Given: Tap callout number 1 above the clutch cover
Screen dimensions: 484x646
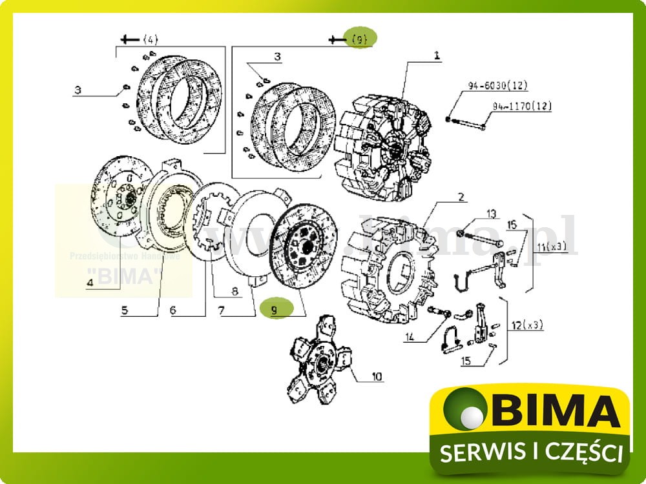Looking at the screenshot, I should pos(437,56).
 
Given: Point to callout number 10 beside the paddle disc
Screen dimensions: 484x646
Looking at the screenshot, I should pos(377,376).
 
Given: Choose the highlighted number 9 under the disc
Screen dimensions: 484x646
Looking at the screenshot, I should pos(274,310).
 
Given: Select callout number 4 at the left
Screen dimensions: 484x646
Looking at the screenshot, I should pos(90,282).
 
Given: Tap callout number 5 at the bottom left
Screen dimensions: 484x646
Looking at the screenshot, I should pos(125,310).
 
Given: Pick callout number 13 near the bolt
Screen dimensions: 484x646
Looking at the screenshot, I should pos(491,214).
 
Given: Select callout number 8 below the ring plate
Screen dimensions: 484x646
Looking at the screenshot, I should pos(234,290).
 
